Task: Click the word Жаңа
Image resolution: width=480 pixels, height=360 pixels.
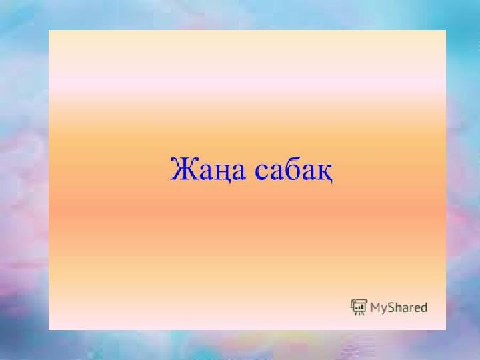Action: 208,169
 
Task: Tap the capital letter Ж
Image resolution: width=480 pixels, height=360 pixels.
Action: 183,168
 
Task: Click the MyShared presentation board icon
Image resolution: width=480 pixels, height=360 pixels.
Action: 359,307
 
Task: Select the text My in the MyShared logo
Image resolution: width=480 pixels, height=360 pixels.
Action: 378,308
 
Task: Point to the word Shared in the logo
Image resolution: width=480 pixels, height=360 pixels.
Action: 407,307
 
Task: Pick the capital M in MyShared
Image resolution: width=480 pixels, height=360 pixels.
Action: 375,307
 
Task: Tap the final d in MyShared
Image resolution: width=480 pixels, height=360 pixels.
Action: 423,307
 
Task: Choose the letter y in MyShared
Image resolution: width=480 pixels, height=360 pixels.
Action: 383,309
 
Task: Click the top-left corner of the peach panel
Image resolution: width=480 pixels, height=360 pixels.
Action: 49,30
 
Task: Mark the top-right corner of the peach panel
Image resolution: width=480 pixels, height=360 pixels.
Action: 446,30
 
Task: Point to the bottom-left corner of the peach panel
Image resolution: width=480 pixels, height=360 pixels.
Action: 49,330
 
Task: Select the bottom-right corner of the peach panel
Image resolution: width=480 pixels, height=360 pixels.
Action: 446,330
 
